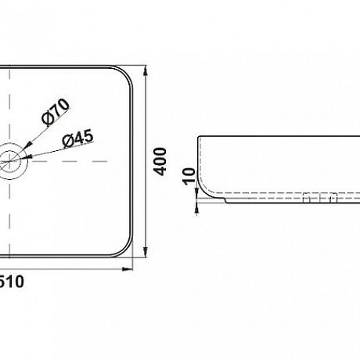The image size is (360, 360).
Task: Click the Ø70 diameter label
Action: pyautogui.click(x=56, y=111)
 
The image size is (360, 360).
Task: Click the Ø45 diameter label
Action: pyautogui.click(x=77, y=138)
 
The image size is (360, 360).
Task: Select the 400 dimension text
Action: pyautogui.click(x=160, y=161)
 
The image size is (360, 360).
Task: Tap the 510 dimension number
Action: pyautogui.click(x=11, y=282)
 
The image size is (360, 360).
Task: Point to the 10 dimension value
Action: pyautogui.click(x=189, y=177)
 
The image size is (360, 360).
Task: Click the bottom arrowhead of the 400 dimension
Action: pyautogui.click(x=146, y=252)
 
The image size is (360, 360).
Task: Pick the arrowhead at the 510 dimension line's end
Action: pyautogui.click(x=128, y=269)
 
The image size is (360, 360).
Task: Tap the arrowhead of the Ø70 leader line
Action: pyautogui.click(x=29, y=144)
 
